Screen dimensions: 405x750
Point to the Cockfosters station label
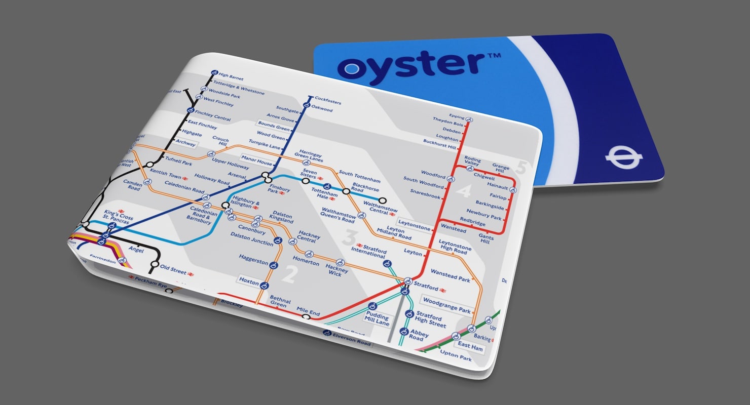pyautogui.click(x=328, y=100)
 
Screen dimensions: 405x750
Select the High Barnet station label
pyautogui.click(x=231, y=77)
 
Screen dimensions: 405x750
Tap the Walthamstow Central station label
pyautogui.click(x=381, y=208)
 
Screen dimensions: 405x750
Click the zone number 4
pyautogui.click(x=464, y=191)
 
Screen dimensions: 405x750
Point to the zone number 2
pyautogui.click(x=289, y=275)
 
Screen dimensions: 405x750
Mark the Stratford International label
pyautogui.click(x=369, y=251)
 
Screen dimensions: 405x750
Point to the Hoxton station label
pyautogui.click(x=249, y=280)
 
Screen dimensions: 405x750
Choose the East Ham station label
pyautogui.click(x=470, y=347)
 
